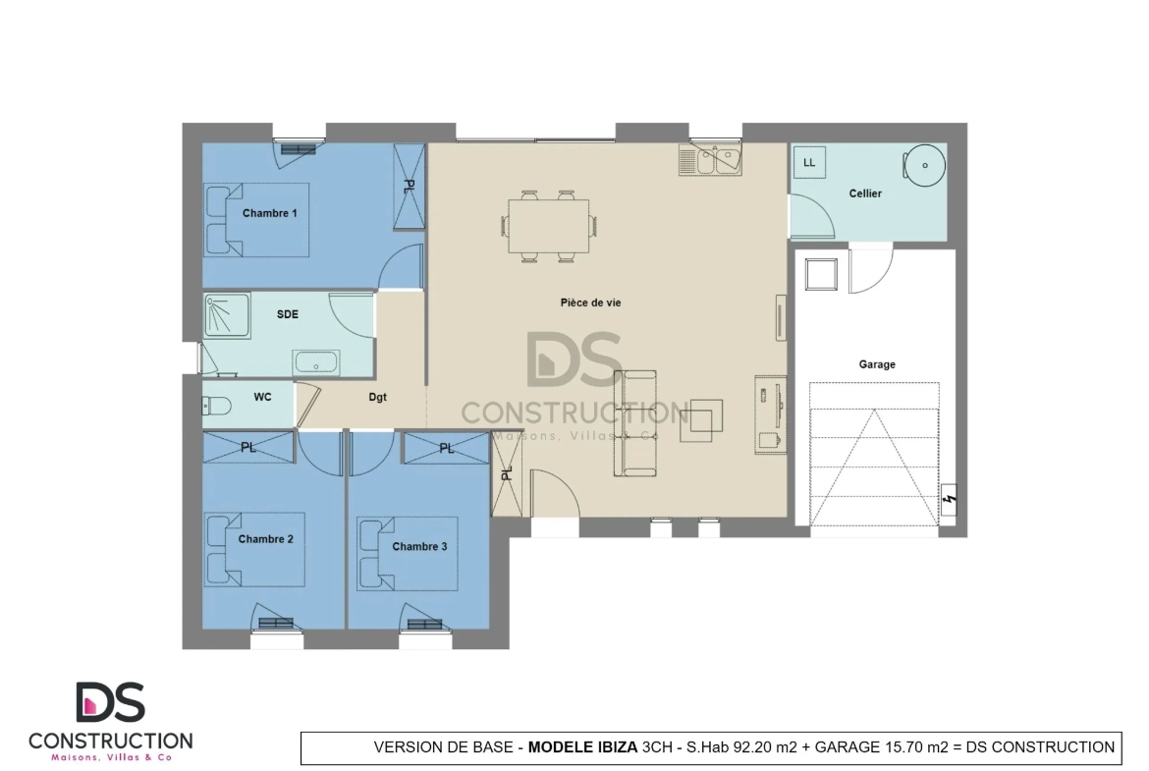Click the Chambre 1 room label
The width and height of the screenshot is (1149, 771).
point(270,213)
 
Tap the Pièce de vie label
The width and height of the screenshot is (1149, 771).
point(590,303)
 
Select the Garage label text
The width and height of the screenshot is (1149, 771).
point(877,364)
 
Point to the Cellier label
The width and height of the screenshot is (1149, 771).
point(865,193)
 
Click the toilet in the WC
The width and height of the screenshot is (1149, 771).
point(217,406)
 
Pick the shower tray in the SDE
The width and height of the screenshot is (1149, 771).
point(227,316)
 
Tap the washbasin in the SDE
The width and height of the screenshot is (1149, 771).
point(316,362)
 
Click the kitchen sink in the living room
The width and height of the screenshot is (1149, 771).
point(710,160)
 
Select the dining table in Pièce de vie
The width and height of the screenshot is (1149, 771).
point(549,226)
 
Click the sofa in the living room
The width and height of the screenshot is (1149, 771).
point(634,423)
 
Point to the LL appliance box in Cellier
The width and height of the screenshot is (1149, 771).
point(809,163)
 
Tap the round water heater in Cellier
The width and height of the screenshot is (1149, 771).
point(924,165)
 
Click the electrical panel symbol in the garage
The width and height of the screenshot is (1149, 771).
point(949,500)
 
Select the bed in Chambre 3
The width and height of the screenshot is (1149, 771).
point(408,554)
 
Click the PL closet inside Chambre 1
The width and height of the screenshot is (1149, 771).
point(409,187)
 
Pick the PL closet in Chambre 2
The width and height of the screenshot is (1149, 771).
point(248,447)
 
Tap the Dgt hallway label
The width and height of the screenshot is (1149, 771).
point(377,397)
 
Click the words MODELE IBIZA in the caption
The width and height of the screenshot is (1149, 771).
point(582,747)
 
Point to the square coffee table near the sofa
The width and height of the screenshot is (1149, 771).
point(701,420)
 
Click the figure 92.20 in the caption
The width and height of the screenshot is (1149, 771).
point(753,747)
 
